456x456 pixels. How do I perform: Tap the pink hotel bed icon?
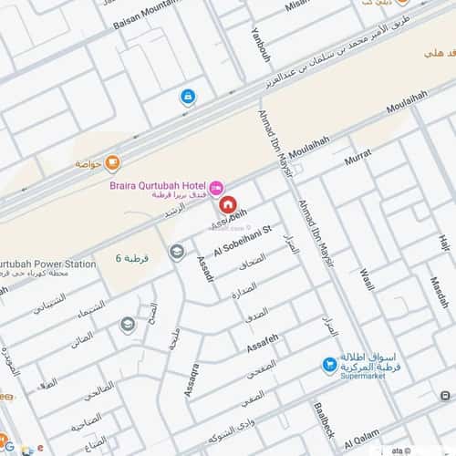click(216, 187)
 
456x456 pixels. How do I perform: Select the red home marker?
click(227, 204)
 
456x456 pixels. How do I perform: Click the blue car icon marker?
click(187, 97)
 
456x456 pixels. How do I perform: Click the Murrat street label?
click(359, 158)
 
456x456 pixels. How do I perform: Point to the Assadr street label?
click(204, 267)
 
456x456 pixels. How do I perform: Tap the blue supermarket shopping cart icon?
click(329, 366)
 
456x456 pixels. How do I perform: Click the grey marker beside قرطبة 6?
click(176, 253)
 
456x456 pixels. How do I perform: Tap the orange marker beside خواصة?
click(112, 163)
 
